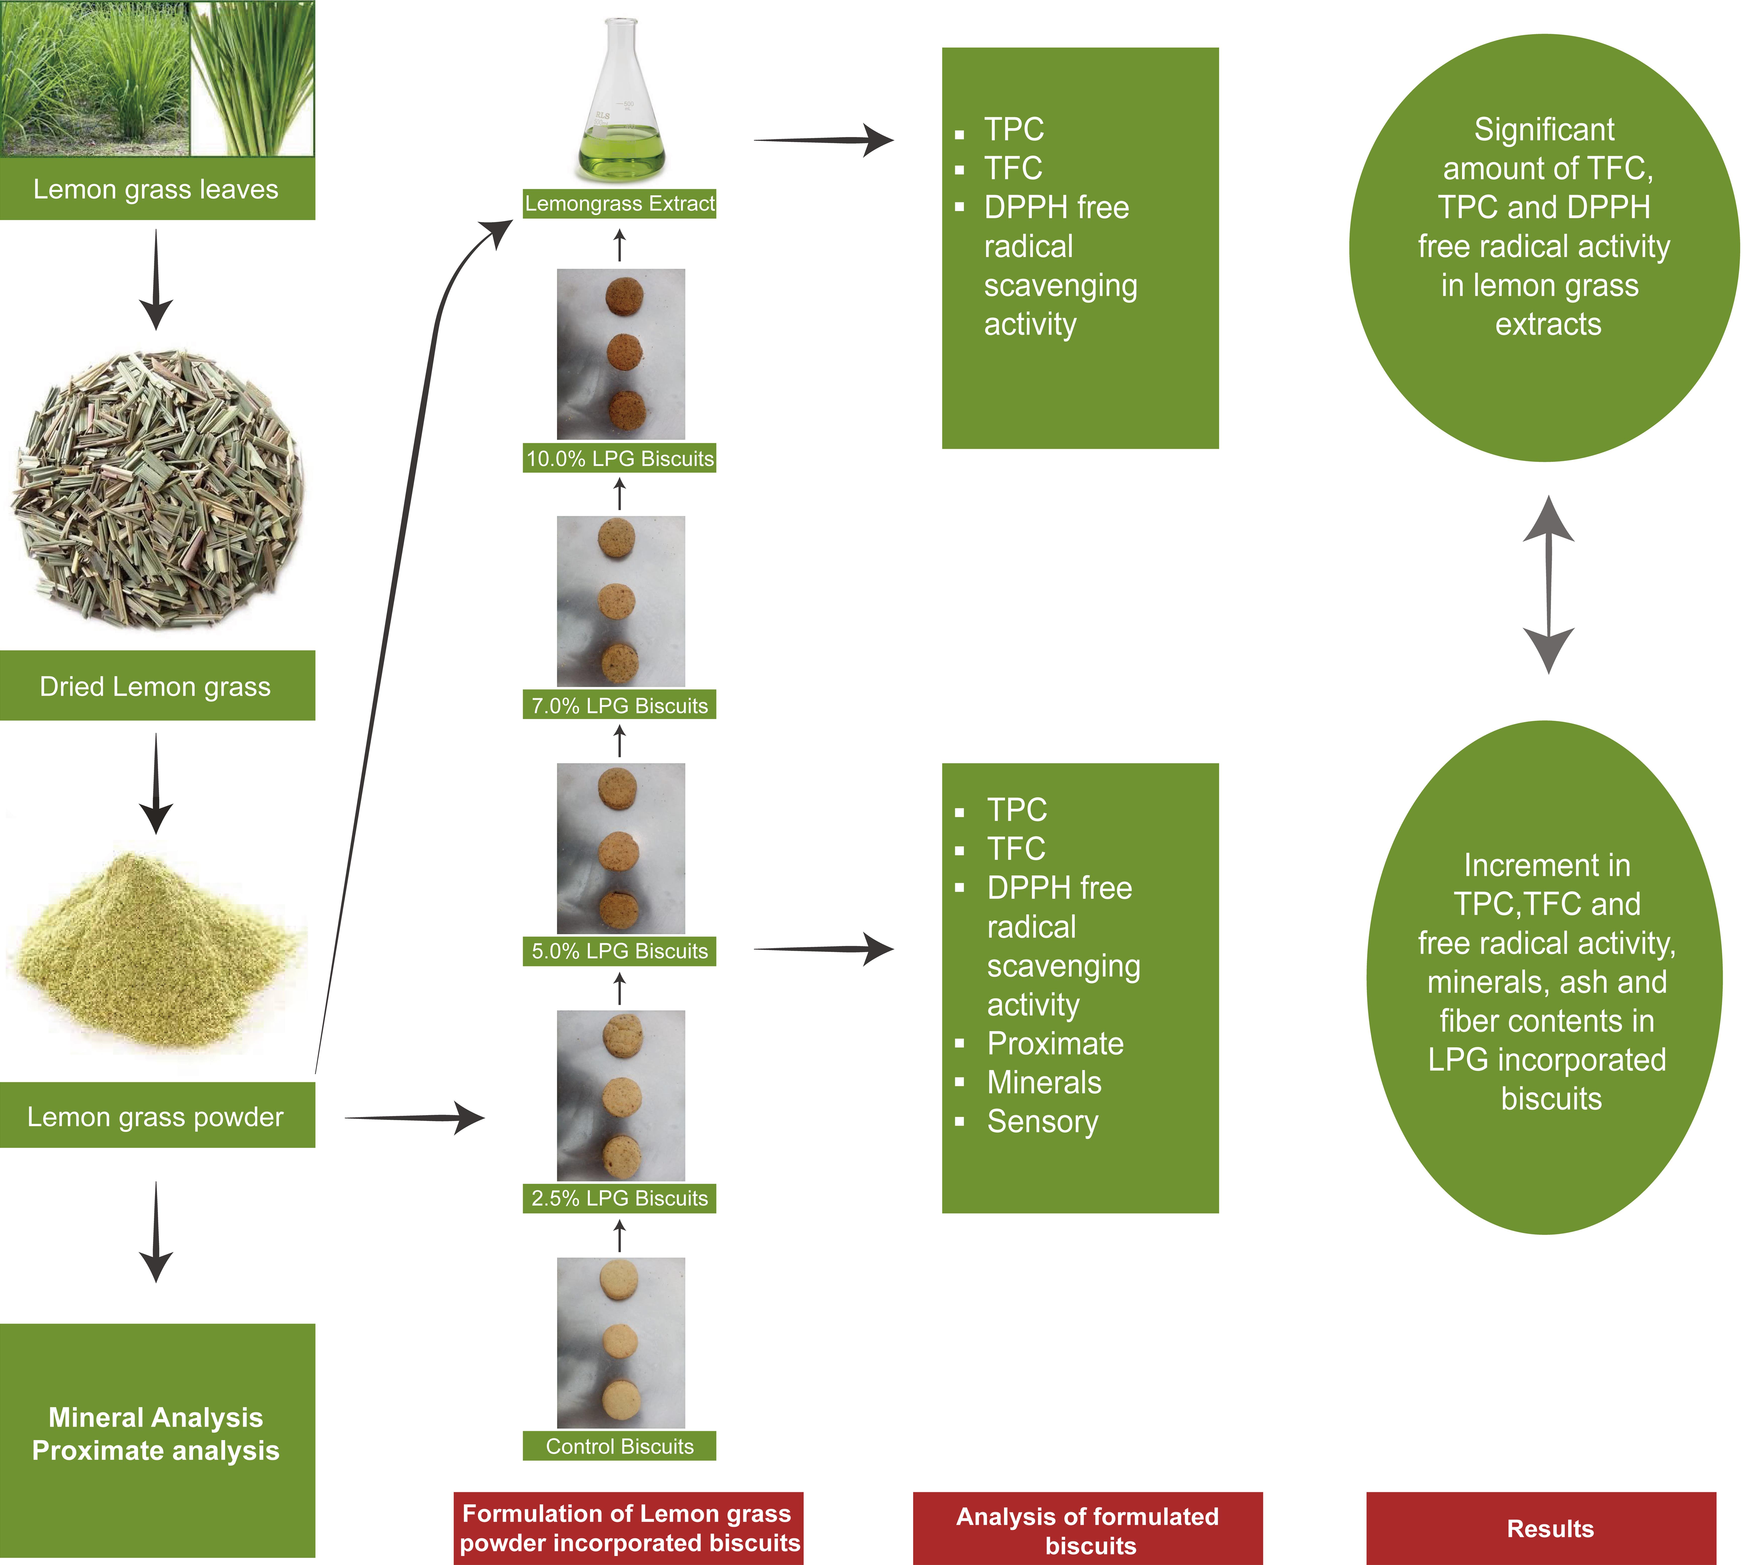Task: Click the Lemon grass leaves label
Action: pos(156,189)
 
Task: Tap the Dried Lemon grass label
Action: pos(156,686)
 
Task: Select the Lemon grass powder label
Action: pos(156,1116)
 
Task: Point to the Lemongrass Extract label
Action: pos(619,204)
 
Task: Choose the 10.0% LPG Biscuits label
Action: pos(619,458)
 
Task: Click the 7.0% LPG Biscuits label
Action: pos(619,705)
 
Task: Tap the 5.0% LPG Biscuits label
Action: pos(619,951)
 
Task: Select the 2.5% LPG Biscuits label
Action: pos(619,1198)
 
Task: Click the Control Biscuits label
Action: pos(619,1446)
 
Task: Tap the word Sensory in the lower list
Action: pos(1042,1121)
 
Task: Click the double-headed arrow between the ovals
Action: pos(1548,585)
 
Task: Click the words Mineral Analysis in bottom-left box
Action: pos(156,1416)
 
